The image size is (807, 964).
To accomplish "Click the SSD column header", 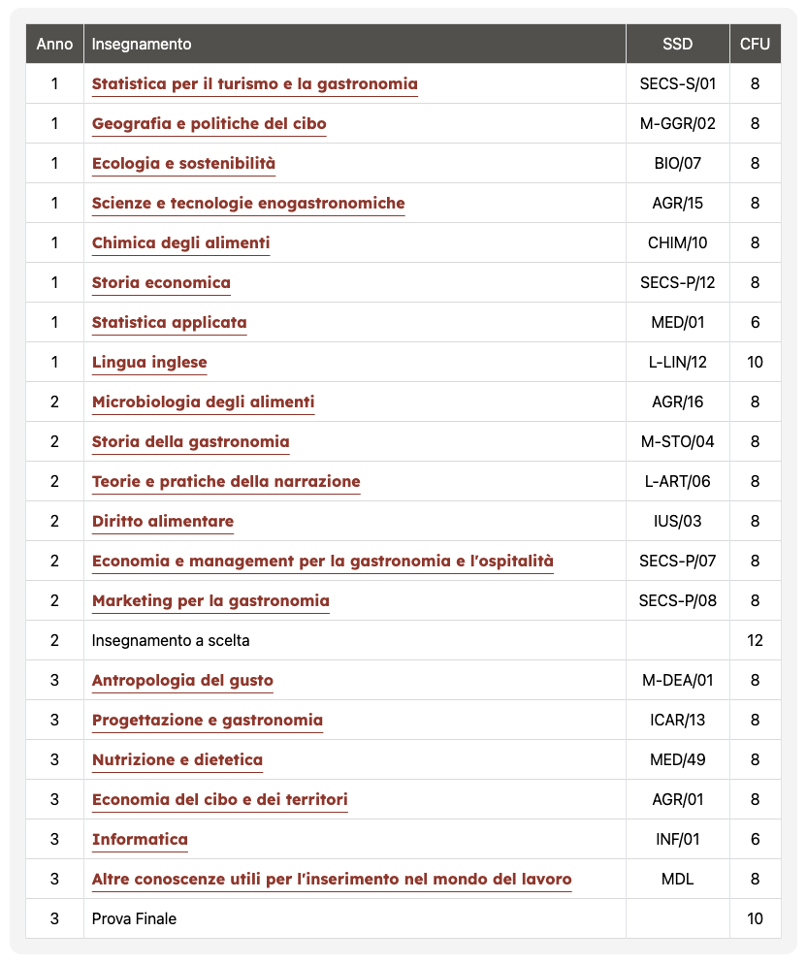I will click(677, 44).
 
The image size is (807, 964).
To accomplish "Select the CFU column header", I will click(755, 44).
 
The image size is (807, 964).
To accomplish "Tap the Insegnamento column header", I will click(142, 44).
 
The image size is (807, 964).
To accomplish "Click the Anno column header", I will click(54, 44).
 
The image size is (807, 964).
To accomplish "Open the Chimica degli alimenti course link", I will click(180, 242).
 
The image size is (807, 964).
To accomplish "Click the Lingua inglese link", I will click(149, 362).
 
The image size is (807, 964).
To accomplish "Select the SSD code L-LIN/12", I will click(677, 362).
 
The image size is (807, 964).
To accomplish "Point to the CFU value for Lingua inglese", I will click(755, 362).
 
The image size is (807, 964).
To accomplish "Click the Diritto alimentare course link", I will click(163, 521).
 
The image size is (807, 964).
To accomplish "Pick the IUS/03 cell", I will click(677, 521).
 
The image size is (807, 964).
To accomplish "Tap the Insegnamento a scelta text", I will click(171, 640).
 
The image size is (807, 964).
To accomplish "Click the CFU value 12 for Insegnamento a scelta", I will click(755, 640).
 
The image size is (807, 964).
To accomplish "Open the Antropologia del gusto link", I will click(182, 680).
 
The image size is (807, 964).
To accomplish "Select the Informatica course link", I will click(140, 839).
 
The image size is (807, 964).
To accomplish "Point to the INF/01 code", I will click(677, 839).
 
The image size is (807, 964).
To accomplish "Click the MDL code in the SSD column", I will click(677, 879).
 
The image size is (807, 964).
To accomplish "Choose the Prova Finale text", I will click(134, 918).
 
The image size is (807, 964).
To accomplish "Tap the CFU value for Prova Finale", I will click(755, 918).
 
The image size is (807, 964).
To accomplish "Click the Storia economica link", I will click(161, 282).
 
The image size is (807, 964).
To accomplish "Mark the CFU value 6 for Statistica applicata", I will click(755, 322).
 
